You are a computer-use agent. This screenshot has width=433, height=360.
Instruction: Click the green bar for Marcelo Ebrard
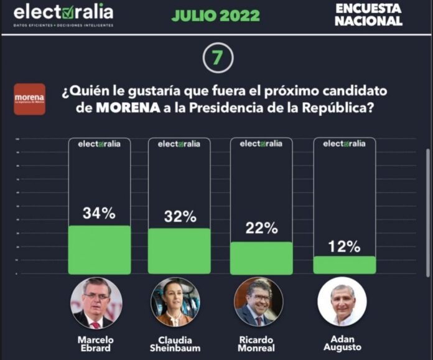click(x=100, y=249)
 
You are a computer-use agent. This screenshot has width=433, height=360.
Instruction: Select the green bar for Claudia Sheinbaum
click(x=179, y=250)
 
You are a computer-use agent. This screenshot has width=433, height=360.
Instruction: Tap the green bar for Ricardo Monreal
click(x=261, y=258)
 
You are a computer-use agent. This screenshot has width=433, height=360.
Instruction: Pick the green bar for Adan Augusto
click(x=345, y=265)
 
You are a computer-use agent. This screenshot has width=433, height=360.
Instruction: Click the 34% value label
click(x=100, y=213)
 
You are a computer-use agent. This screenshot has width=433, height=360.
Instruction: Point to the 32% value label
click(x=180, y=217)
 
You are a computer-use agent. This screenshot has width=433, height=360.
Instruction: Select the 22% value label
click(x=261, y=229)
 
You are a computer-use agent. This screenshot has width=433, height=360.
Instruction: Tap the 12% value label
click(x=345, y=246)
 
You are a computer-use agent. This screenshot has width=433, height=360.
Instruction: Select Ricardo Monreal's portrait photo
click(x=258, y=303)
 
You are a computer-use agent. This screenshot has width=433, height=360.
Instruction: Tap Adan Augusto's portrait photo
click(x=342, y=301)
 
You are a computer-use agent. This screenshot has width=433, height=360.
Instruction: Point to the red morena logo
click(x=29, y=99)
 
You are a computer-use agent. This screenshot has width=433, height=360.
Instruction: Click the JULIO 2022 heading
click(x=215, y=16)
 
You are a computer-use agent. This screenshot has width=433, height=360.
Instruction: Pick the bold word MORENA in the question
click(x=122, y=107)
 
